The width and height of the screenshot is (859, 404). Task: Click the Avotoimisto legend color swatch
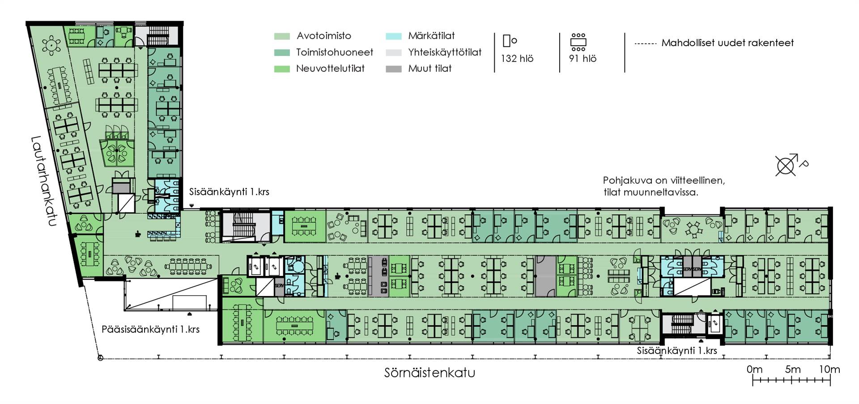(x=282, y=36)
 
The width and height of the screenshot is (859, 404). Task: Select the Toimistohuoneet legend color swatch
(x=282, y=52)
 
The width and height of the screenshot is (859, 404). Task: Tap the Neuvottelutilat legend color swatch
(x=282, y=69)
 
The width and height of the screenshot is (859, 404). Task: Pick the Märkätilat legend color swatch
(x=394, y=36)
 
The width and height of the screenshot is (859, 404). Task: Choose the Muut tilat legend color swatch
(x=394, y=69)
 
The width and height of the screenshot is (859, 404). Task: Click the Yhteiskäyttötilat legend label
(x=445, y=52)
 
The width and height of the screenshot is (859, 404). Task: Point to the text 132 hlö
(x=517, y=59)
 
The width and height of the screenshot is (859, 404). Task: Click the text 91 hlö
(x=583, y=59)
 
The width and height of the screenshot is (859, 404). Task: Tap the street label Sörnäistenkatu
(x=429, y=373)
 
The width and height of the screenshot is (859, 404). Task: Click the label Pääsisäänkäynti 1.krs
(x=150, y=330)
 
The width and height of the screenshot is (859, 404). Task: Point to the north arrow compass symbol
(x=786, y=166)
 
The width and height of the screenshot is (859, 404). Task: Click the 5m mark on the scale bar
(x=792, y=370)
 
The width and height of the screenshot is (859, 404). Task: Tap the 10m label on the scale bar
(x=829, y=370)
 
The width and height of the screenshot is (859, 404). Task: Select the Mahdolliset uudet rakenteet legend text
(x=727, y=43)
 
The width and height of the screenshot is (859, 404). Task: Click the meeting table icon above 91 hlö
(x=578, y=42)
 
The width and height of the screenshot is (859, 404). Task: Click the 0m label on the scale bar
(x=754, y=370)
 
